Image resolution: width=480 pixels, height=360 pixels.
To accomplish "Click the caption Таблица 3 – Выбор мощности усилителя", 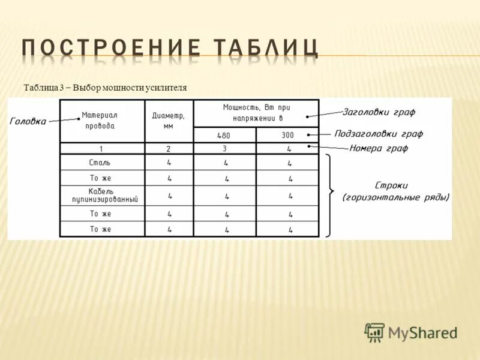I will [x=105, y=88].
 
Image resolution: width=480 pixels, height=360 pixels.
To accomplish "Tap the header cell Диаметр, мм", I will [x=168, y=121].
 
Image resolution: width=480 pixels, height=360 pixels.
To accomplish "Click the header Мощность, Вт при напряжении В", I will [x=256, y=112].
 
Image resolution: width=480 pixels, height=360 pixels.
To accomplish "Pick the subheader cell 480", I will [x=224, y=136].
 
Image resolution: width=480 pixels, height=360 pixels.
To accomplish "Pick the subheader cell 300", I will [x=287, y=136].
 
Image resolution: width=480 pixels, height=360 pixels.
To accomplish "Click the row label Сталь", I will [x=100, y=163].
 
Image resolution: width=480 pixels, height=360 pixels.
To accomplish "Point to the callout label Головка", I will [x=28, y=121].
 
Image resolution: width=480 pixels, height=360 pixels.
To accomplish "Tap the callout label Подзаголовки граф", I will [x=379, y=133].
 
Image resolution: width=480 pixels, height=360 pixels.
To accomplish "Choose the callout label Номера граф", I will [x=379, y=148].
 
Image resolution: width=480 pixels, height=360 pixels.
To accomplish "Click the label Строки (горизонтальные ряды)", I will [x=396, y=191].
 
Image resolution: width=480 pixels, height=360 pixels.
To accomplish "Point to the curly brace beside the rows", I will [x=330, y=193].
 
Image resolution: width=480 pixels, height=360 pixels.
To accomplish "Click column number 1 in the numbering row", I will [x=101, y=149].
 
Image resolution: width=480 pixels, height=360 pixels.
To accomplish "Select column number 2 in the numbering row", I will [x=169, y=149].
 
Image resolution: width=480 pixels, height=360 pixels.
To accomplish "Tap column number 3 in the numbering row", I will [x=224, y=148].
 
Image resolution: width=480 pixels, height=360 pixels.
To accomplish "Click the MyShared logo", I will [x=411, y=332].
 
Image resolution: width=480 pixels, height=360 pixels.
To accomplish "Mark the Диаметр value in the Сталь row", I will [x=169, y=163].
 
